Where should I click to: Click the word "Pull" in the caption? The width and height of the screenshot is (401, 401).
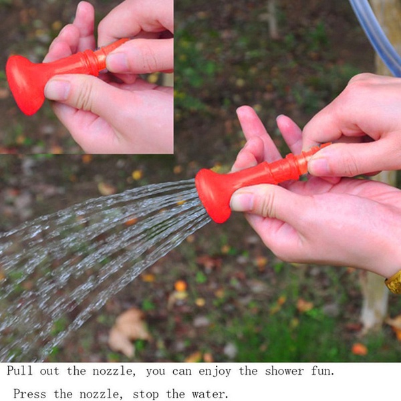click(19, 370)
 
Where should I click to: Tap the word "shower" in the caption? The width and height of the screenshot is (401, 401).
click(284, 371)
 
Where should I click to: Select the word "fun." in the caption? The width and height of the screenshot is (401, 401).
click(323, 371)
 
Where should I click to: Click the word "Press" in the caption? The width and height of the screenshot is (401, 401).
click(29, 394)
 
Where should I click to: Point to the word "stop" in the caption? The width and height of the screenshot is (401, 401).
click(146, 394)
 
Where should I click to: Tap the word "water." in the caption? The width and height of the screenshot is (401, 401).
click(210, 394)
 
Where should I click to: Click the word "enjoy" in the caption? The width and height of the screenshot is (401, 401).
click(215, 372)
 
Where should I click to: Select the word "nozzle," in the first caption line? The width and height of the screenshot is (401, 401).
click(114, 372)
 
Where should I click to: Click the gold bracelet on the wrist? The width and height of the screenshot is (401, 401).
click(394, 283)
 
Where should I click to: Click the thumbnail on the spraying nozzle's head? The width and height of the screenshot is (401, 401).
click(242, 202)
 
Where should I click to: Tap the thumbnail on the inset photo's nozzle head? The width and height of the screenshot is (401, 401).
click(57, 90)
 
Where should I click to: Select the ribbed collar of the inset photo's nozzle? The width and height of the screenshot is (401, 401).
click(95, 62)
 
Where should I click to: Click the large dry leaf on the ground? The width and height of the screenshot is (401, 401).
click(128, 331)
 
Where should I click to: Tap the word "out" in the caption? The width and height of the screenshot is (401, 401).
click(49, 371)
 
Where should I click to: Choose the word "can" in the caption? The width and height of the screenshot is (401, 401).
click(182, 372)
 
